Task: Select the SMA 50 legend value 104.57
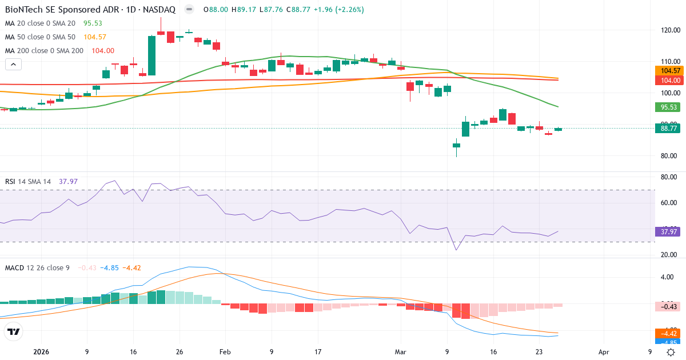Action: [x=95, y=37]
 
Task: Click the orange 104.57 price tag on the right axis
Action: [x=668, y=70]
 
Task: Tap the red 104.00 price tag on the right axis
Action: [x=668, y=81]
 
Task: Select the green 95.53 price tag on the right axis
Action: [x=668, y=107]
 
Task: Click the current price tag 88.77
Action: [x=668, y=129]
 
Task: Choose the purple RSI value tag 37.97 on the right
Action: [x=668, y=231]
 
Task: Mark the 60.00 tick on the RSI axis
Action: [x=669, y=203]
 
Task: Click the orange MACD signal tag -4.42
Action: [x=668, y=334]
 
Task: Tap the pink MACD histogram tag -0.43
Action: [x=668, y=307]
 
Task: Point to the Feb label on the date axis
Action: [x=225, y=352]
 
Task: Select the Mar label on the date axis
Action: [x=400, y=352]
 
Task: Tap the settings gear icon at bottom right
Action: [x=672, y=352]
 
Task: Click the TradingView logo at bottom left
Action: [x=14, y=331]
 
